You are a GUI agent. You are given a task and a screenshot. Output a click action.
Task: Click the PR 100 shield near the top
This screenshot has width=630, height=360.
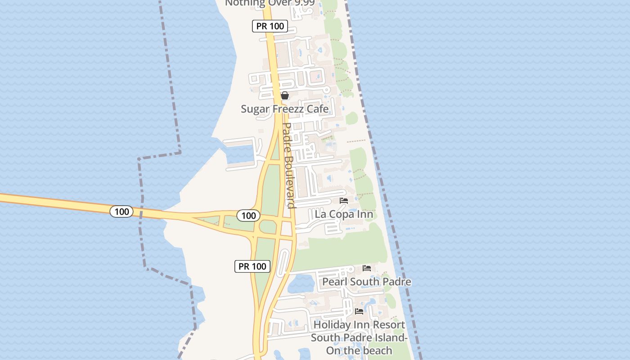pyautogui.click(x=270, y=26)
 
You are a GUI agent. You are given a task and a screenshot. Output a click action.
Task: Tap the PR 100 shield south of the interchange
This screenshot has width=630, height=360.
pyautogui.click(x=252, y=266)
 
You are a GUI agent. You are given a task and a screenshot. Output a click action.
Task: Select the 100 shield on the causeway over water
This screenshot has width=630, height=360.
pyautogui.click(x=121, y=211)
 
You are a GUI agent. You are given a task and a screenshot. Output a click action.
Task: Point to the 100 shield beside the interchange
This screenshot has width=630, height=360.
pyautogui.click(x=248, y=216)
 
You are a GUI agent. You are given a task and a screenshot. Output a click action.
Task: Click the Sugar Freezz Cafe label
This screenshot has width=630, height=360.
pyautogui.click(x=284, y=109)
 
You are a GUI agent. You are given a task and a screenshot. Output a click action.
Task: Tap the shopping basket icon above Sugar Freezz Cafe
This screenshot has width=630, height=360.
pyautogui.click(x=284, y=95)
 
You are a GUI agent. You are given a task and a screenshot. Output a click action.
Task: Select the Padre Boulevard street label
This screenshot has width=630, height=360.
pyautogui.click(x=288, y=165)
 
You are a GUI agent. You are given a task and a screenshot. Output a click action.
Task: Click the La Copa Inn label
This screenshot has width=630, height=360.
pyautogui.click(x=344, y=214)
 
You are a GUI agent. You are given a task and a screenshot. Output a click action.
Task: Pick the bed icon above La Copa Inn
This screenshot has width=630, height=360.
pyautogui.click(x=344, y=201)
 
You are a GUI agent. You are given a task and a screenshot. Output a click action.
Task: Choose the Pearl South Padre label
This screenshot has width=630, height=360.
pyautogui.click(x=367, y=282)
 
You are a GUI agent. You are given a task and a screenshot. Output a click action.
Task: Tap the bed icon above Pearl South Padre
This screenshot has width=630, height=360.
pyautogui.click(x=367, y=268)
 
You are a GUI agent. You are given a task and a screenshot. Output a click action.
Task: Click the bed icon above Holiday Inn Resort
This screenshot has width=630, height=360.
pyautogui.click(x=359, y=311)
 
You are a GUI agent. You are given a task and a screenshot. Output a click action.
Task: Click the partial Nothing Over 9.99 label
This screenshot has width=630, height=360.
pyautogui.click(x=270, y=3)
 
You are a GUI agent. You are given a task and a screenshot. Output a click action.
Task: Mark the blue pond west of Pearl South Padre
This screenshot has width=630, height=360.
pyautogui.click(x=301, y=283)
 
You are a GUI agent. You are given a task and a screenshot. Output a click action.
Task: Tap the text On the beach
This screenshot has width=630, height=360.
pyautogui.click(x=359, y=351)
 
